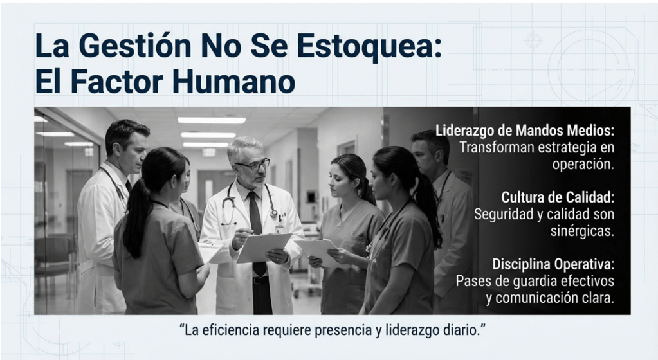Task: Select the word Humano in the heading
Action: tap(233, 82)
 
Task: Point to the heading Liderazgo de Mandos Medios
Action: tap(525, 130)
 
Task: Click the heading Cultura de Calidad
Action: tap(558, 197)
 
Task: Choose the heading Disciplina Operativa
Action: tap(553, 264)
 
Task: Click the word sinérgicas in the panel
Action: tap(582, 231)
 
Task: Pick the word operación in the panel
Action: tap(583, 165)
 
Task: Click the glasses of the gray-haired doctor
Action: tap(252, 165)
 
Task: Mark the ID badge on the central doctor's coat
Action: tap(279, 228)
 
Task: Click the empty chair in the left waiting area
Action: tap(55, 260)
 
